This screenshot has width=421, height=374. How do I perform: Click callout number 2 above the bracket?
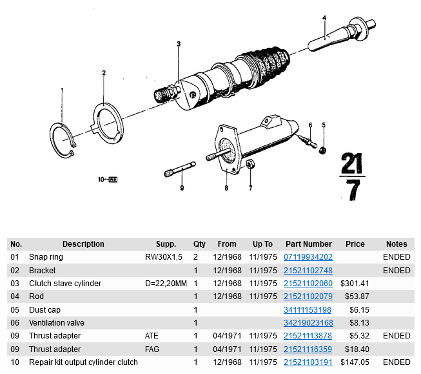click(x=104, y=74)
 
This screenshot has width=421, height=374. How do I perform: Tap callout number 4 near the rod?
click(x=324, y=17)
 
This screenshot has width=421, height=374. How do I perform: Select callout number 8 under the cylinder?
click(x=226, y=189)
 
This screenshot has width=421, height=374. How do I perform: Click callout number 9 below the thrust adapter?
click(x=182, y=188)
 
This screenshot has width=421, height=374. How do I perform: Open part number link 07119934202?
click(x=308, y=257)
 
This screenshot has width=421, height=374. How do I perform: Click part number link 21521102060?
click(x=308, y=284)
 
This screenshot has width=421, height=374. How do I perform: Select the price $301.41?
click(x=355, y=284)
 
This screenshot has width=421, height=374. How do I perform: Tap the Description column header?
click(x=83, y=244)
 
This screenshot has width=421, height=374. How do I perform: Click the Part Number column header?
click(x=308, y=244)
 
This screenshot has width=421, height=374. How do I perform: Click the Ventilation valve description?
click(x=57, y=323)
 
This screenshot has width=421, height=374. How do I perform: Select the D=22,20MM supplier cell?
click(x=166, y=284)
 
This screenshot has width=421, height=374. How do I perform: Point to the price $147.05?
click(x=355, y=362)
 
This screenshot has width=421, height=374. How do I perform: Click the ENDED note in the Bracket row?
click(x=397, y=271)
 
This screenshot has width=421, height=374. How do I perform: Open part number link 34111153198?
click(x=308, y=310)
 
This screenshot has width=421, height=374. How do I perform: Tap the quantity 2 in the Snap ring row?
click(x=195, y=257)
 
